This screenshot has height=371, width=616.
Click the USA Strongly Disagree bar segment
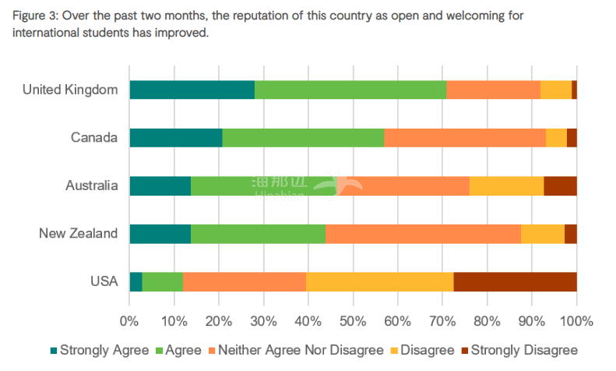tap(515, 281)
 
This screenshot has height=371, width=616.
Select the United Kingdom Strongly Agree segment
tap(192, 90)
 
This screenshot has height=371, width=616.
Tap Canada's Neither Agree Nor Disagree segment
tap(464, 138)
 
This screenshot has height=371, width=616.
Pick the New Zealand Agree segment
tap(258, 234)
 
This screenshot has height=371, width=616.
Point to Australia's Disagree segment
tap(506, 185)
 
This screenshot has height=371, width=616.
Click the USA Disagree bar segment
tap(379, 281)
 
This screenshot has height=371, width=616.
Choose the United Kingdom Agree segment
tap(350, 90)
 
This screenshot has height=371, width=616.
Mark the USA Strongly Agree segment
tap(136, 281)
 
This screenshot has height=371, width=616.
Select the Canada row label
tap(93, 138)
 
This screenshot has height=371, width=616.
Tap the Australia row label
tap(91, 185)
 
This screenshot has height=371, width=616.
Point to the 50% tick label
tap(353, 320)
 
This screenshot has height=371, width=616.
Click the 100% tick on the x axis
tap(577, 320)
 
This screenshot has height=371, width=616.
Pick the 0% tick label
tap(129, 320)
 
